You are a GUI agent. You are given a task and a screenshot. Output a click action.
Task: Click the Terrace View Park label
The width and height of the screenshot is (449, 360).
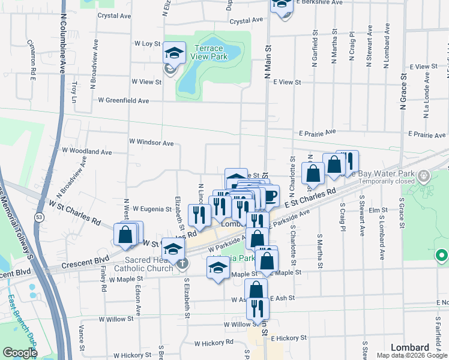208,52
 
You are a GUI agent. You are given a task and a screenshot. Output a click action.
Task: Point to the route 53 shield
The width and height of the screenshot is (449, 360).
38,217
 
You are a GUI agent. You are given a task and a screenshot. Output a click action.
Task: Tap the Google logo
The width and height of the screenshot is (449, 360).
20,353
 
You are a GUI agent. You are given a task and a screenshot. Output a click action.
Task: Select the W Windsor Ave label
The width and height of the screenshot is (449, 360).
151,143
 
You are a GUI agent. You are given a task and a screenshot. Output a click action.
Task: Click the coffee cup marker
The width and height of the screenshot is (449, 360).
270,196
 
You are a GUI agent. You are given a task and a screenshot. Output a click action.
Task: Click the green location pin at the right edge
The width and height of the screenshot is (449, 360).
441,256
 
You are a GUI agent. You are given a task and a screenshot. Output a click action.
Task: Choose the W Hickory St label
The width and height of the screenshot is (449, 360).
213,344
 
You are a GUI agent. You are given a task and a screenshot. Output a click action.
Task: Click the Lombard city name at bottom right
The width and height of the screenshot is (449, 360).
409,347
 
